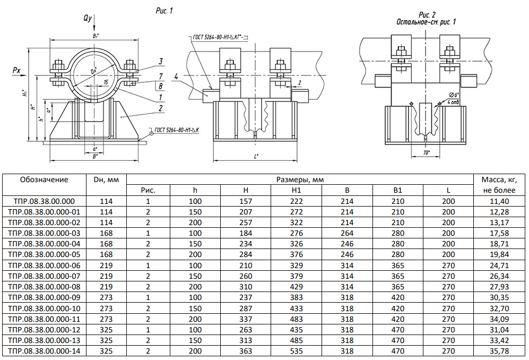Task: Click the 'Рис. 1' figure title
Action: [x=163, y=10]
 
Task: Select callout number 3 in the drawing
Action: [x=160, y=61]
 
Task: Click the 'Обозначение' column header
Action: [x=44, y=179]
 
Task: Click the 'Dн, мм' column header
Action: [x=106, y=179]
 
